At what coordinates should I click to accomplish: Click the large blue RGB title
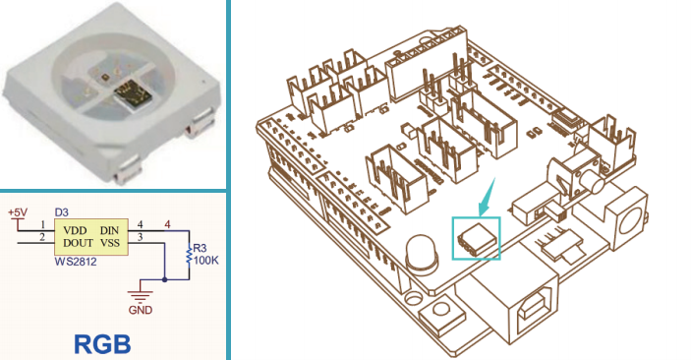click(102, 344)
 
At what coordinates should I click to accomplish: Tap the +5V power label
click(18, 212)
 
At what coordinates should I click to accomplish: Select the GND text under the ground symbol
click(141, 310)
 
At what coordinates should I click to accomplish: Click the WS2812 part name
click(76, 262)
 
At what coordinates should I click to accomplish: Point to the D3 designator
click(62, 212)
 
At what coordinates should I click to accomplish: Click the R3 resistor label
click(200, 249)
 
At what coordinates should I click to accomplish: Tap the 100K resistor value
click(205, 261)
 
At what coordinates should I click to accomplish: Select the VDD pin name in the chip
click(75, 230)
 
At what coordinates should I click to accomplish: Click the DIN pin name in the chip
click(109, 230)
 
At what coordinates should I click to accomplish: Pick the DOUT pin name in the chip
click(78, 243)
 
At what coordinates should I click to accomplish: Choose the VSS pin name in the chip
click(109, 243)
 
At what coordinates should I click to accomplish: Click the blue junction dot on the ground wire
click(164, 279)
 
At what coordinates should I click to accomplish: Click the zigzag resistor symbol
click(189, 256)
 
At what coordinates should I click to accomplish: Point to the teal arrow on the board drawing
click(488, 198)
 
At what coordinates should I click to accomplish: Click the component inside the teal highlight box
click(478, 239)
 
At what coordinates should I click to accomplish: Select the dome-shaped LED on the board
click(422, 252)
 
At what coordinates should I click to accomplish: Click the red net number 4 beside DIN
click(167, 225)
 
